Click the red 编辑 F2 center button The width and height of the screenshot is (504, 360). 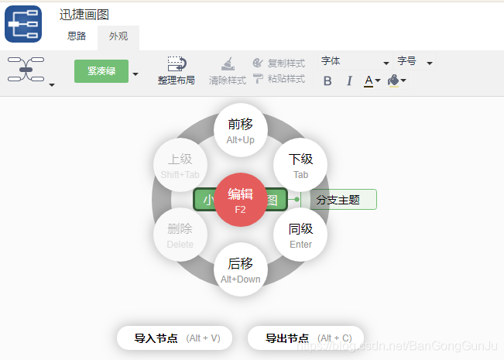click(x=240, y=200)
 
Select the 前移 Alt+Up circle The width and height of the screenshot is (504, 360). click(x=240, y=130)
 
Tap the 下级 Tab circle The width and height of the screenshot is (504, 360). click(x=300, y=165)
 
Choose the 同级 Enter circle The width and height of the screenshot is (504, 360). click(x=300, y=235)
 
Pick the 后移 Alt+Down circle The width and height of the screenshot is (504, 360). click(x=240, y=269)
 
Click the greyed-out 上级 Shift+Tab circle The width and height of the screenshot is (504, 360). click(x=180, y=165)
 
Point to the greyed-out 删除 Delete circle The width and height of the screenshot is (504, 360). click(x=180, y=235)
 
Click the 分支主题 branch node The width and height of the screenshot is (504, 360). click(x=339, y=200)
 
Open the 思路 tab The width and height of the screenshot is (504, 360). click(x=77, y=36)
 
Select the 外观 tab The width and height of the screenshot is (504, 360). click(x=118, y=36)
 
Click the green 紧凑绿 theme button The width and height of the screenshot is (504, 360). click(x=101, y=71)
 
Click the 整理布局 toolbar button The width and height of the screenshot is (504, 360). click(x=177, y=70)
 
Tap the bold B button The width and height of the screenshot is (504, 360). click(x=327, y=81)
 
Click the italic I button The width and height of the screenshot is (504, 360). click(x=349, y=81)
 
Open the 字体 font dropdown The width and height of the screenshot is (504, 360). click(x=355, y=62)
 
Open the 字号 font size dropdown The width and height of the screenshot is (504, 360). click(x=415, y=62)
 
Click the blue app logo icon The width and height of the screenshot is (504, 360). click(x=23, y=23)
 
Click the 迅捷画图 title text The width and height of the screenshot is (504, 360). click(x=84, y=14)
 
